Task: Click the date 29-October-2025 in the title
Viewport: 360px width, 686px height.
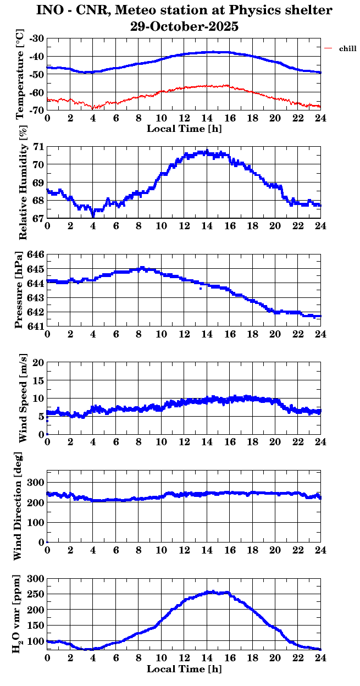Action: coord(184,26)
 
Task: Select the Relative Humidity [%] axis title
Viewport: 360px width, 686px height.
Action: coord(23,182)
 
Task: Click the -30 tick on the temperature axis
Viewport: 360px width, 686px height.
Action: coord(37,38)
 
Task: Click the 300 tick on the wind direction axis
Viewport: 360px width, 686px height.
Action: coord(36,482)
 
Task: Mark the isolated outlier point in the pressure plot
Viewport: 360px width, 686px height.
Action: coord(201,289)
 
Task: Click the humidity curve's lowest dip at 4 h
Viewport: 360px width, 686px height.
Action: coord(93,216)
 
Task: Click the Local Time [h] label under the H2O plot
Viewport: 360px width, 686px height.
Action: coord(184,669)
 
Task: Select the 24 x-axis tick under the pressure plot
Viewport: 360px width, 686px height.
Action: coord(320,334)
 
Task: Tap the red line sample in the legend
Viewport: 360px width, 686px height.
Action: coord(328,48)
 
